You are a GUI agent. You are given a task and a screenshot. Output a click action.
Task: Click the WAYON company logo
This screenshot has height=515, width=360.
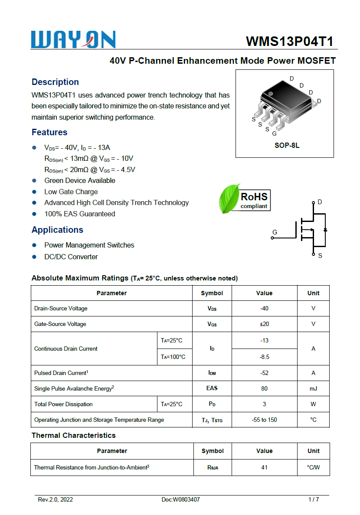pos(73,39)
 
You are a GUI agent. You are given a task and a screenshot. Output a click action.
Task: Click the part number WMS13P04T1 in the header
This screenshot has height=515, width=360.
pos(289,41)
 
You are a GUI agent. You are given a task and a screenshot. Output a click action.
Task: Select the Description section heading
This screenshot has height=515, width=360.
pos(55,82)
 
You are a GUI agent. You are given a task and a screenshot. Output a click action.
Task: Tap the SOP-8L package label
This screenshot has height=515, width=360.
pos(287,146)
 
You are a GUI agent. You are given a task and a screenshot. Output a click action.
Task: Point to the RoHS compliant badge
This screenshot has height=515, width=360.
pos(254,200)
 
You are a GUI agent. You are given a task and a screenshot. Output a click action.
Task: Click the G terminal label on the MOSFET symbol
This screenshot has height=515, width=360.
pos(275,232)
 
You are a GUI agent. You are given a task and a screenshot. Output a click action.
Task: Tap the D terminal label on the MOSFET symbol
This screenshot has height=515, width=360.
pos(320,202)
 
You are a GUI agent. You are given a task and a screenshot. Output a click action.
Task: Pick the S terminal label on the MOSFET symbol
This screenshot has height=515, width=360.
pos(320,256)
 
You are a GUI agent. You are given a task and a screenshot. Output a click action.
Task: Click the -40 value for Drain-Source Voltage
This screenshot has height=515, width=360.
pos(264,309)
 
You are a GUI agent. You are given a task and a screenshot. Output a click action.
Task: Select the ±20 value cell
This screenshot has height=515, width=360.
pos(264,324)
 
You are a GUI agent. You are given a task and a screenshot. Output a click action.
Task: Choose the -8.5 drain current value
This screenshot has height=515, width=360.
pos(264,357)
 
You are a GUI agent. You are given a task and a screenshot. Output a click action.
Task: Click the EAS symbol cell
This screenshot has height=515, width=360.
pos(212,388)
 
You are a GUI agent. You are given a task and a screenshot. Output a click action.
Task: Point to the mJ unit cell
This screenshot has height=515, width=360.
pos(313,388)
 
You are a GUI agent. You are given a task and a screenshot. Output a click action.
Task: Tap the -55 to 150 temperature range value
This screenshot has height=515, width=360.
pos(264,420)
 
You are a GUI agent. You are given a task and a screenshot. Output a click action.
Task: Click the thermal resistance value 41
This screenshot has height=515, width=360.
pos(264,467)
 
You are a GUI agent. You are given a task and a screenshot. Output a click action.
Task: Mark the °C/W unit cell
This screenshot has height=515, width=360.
pos(313,467)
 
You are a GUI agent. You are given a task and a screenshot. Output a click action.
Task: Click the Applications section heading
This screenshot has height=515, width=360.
pos(57,230)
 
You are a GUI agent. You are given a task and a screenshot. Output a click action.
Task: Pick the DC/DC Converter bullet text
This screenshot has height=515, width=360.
pos(71,257)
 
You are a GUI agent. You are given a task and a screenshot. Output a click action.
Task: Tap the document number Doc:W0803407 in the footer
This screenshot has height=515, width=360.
pos(180,499)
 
